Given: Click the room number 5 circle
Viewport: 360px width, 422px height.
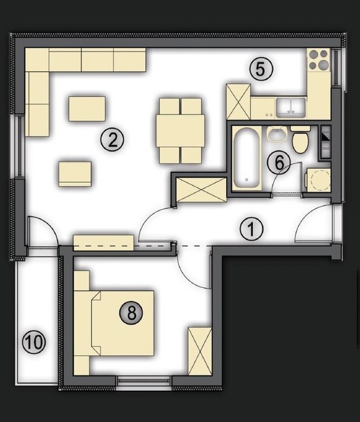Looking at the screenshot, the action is point(260,69).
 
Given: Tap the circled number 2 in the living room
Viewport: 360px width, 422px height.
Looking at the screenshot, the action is point(112,140).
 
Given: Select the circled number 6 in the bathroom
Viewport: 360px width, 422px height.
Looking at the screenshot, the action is point(279,163).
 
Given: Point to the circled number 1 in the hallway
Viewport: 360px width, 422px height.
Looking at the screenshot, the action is point(251,229).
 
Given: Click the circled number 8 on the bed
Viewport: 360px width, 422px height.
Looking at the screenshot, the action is point(131,312).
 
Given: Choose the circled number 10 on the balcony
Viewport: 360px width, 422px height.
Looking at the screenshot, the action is point(34,342).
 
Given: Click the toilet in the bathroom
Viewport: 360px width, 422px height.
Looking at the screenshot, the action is point(301,140).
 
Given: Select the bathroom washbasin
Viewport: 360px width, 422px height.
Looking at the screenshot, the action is point(277,134).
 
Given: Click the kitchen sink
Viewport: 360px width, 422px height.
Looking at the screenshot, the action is point(291,108).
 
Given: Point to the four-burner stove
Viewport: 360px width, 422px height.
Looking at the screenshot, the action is point(319,59).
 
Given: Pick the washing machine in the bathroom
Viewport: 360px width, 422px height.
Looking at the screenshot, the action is point(317,180).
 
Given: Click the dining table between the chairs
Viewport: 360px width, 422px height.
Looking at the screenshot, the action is point(180,130).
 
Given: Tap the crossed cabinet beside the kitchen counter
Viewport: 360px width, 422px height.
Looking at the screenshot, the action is point(239,101).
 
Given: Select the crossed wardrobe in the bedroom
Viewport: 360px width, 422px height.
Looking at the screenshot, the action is point(200,351).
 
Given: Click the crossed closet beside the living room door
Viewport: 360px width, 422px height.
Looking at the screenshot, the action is point(201,190).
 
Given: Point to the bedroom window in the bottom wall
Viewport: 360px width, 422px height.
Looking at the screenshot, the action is point(144,381).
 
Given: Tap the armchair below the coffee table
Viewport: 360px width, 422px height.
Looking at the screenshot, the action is point(75,174).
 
